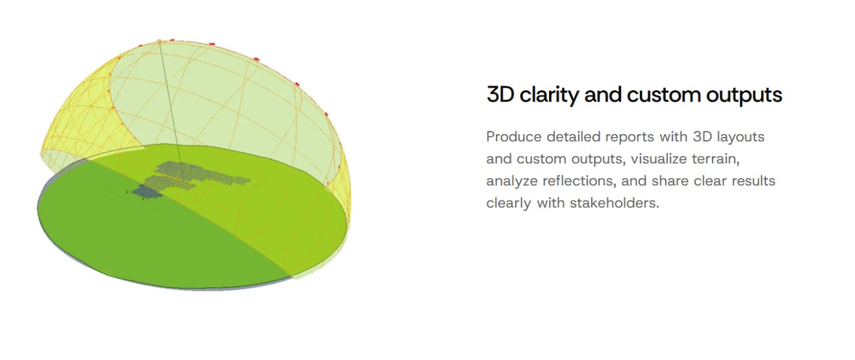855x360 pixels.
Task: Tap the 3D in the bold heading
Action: click(500, 94)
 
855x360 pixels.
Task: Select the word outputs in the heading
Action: click(744, 96)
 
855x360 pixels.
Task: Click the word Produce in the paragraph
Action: click(514, 137)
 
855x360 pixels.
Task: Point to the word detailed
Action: click(573, 137)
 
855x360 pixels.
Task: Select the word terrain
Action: click(715, 159)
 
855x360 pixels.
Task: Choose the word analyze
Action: click(512, 182)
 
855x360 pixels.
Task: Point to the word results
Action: click(753, 180)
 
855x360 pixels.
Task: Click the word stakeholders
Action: click(615, 203)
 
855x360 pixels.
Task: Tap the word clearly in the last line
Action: click(509, 204)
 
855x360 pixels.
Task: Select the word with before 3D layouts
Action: click(673, 137)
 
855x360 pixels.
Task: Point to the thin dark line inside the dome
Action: click(172, 112)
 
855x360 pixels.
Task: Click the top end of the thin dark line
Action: click(159, 41)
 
